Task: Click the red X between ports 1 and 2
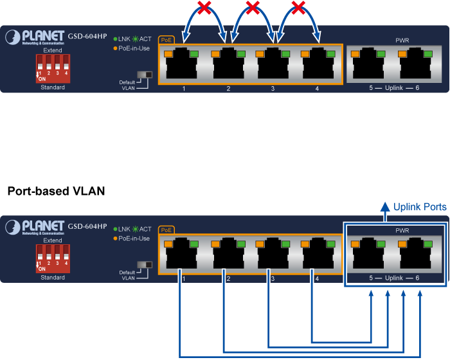click(x=205, y=8)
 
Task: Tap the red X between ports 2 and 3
click(x=253, y=8)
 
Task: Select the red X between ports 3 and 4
click(x=297, y=8)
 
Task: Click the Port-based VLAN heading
click(x=56, y=192)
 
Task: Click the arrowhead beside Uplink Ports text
click(x=384, y=207)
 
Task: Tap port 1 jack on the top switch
click(x=183, y=64)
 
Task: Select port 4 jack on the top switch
click(x=317, y=64)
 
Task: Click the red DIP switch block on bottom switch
click(x=53, y=259)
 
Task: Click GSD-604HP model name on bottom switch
click(x=87, y=226)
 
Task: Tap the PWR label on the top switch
click(x=402, y=40)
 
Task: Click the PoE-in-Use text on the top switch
click(x=134, y=48)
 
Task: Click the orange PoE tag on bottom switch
click(x=166, y=230)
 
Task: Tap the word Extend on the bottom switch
click(x=53, y=240)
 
